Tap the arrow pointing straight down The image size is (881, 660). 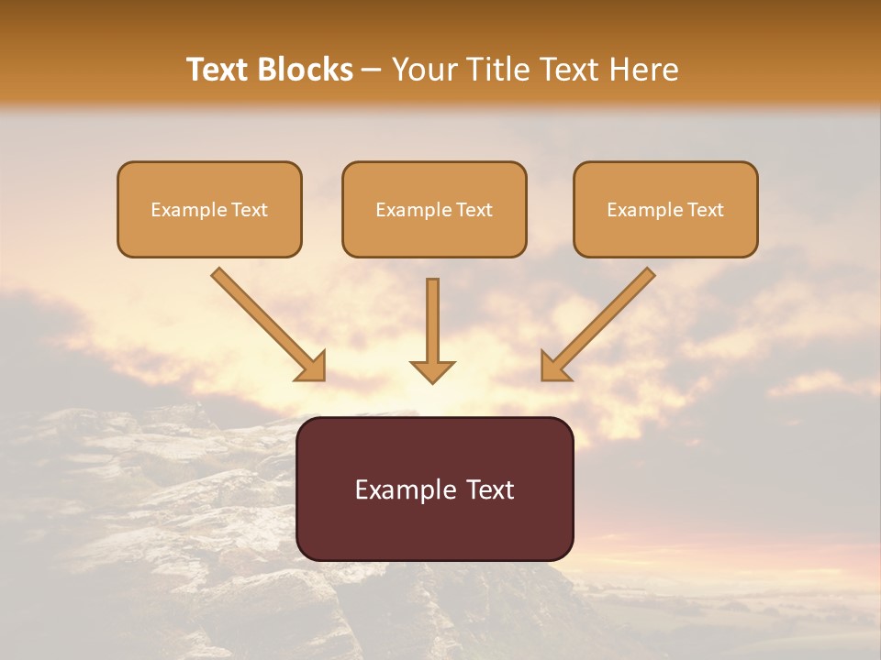[x=432, y=330]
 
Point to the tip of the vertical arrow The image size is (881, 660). [x=432, y=380]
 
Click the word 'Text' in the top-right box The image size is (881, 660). [x=705, y=210]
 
